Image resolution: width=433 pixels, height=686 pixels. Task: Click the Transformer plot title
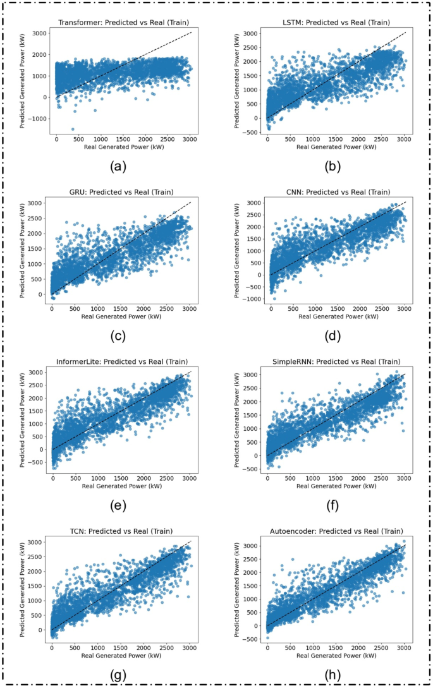124,23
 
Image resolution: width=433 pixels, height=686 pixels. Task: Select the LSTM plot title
335,23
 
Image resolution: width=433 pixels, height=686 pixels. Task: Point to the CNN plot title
335,192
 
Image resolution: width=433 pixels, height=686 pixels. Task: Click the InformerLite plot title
122,361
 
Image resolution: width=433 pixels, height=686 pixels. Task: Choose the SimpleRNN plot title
335,361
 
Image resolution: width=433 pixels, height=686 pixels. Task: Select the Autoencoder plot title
335,531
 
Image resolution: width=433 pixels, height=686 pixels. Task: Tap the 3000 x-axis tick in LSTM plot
405,139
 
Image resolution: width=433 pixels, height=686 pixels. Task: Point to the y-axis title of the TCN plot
23,589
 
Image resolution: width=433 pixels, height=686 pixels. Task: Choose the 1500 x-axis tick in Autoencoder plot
336,647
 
